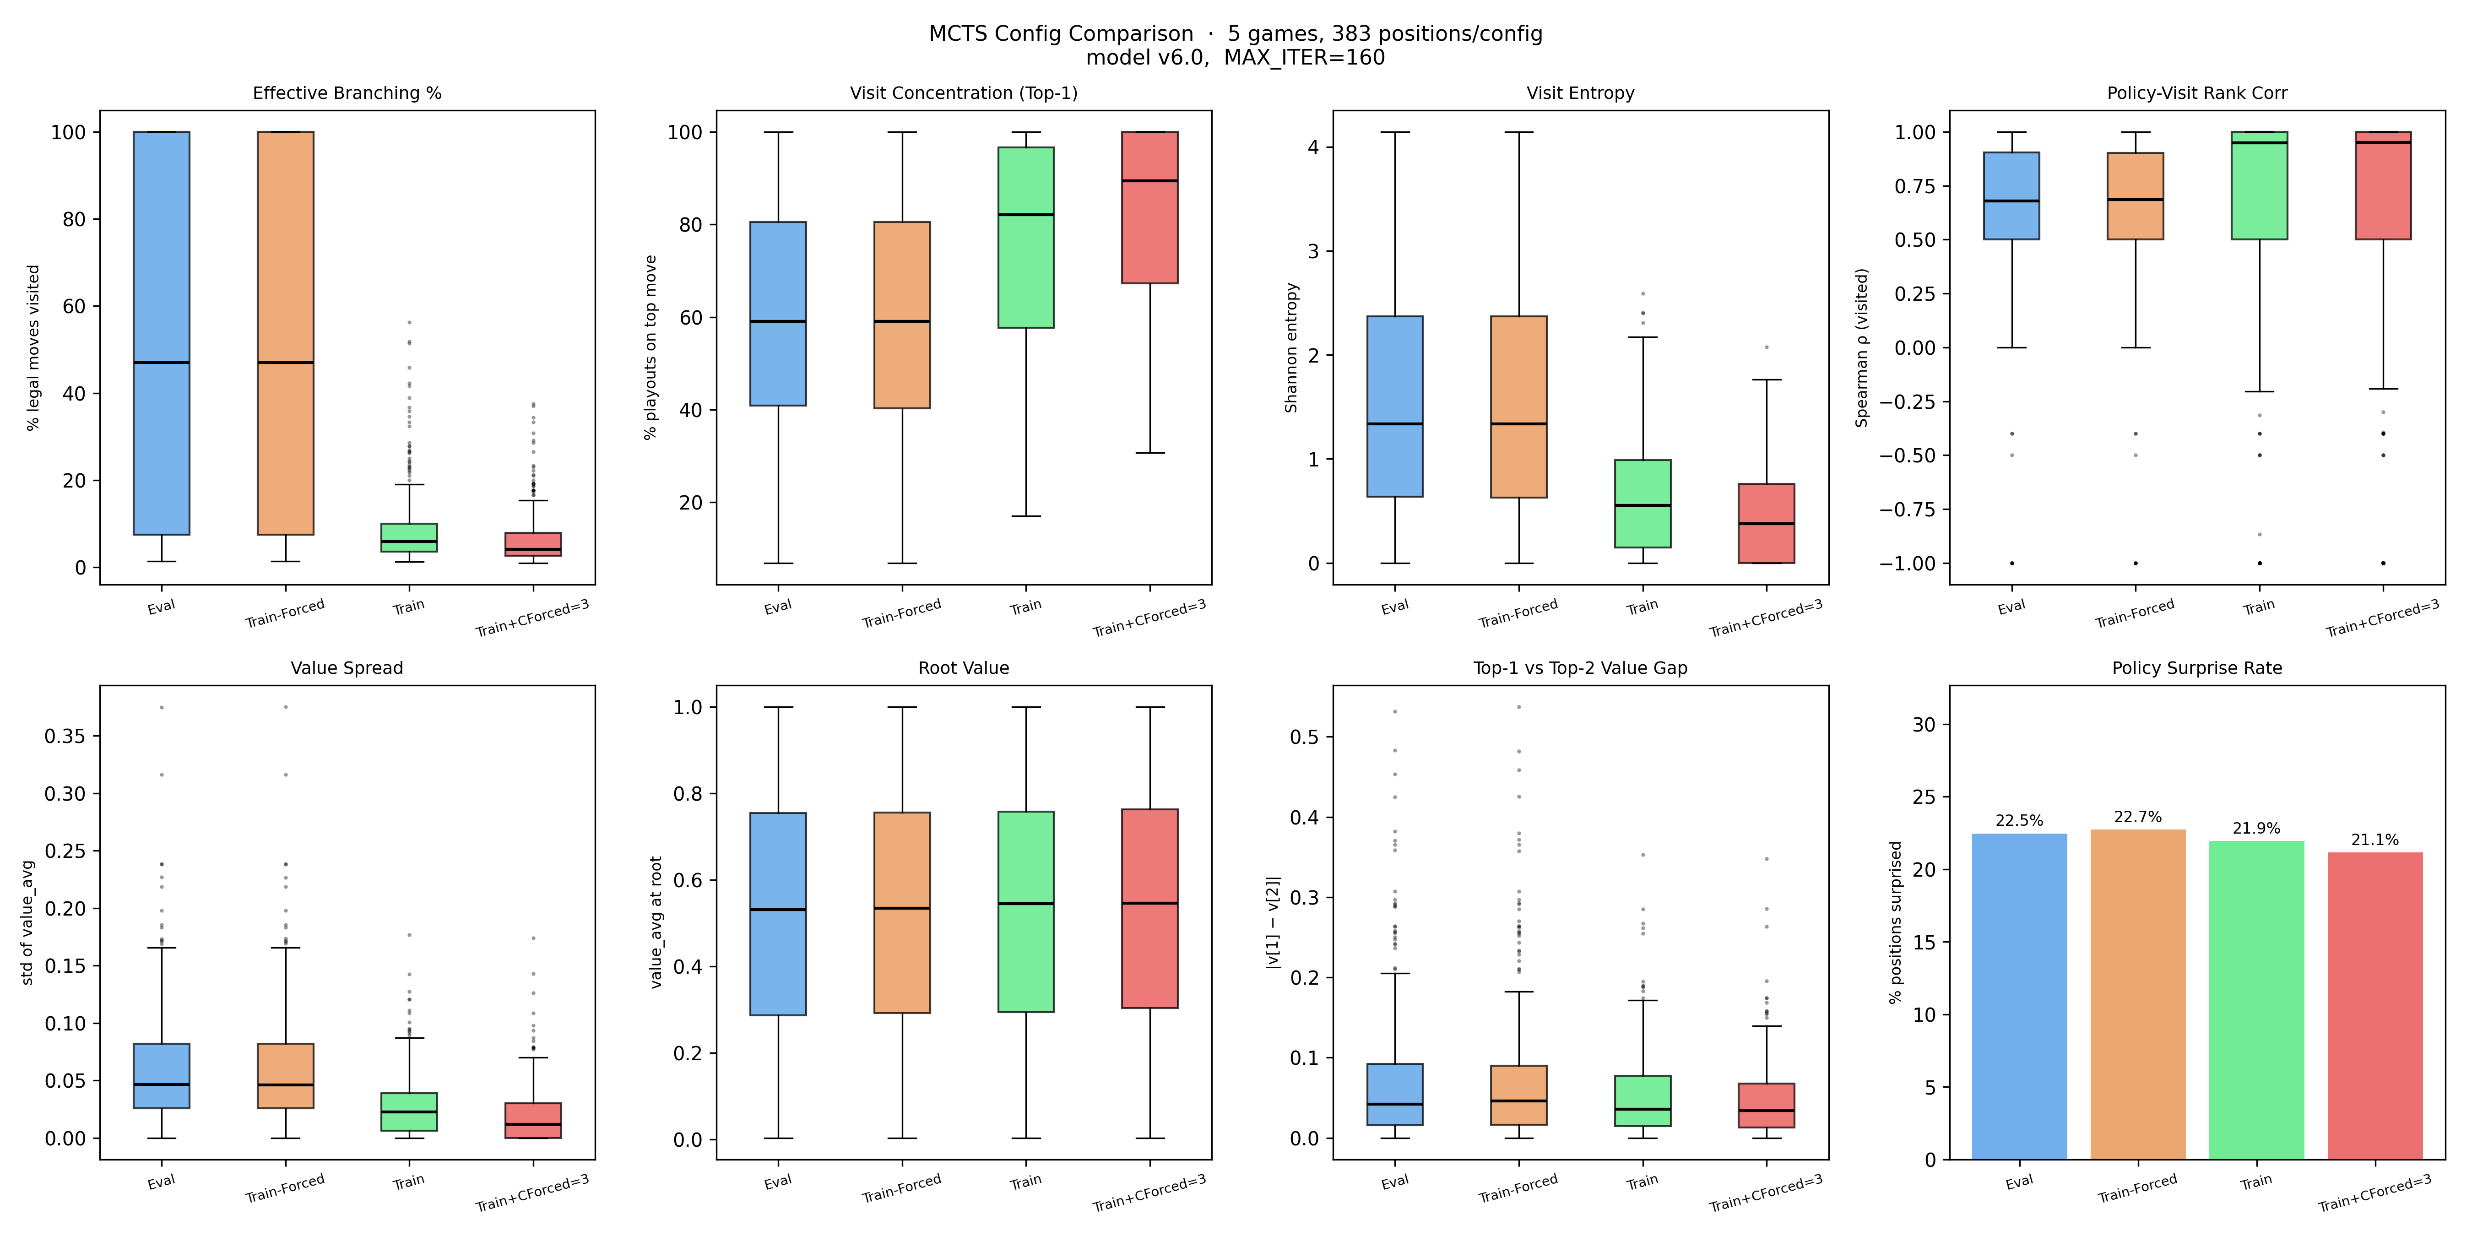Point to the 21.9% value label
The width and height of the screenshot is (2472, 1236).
click(2256, 828)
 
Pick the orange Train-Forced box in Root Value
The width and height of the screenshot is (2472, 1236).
click(902, 911)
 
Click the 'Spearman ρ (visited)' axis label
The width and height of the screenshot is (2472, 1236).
click(1862, 347)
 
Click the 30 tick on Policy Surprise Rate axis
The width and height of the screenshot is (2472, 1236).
click(1924, 725)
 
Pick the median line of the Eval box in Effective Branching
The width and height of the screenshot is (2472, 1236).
click(161, 363)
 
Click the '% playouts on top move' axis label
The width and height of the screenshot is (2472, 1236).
click(651, 347)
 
